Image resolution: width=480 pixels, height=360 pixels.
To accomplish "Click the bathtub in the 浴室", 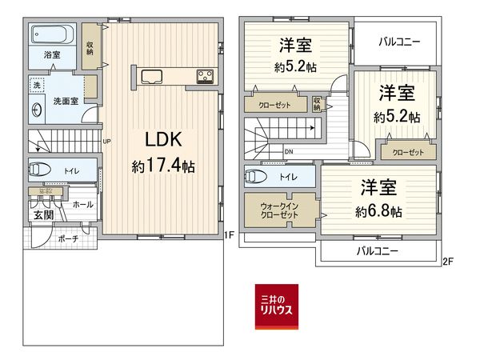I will [x=53, y=35].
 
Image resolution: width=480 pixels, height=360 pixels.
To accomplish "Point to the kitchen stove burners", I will [x=204, y=77].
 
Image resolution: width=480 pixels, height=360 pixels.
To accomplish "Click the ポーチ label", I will [x=68, y=238].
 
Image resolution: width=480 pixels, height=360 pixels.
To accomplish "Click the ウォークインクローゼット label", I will [x=280, y=212].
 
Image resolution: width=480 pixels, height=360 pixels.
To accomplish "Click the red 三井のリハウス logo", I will [x=276, y=306].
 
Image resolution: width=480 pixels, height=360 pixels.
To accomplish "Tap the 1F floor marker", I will [x=228, y=234].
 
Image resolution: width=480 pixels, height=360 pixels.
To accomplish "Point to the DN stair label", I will [x=289, y=153].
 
